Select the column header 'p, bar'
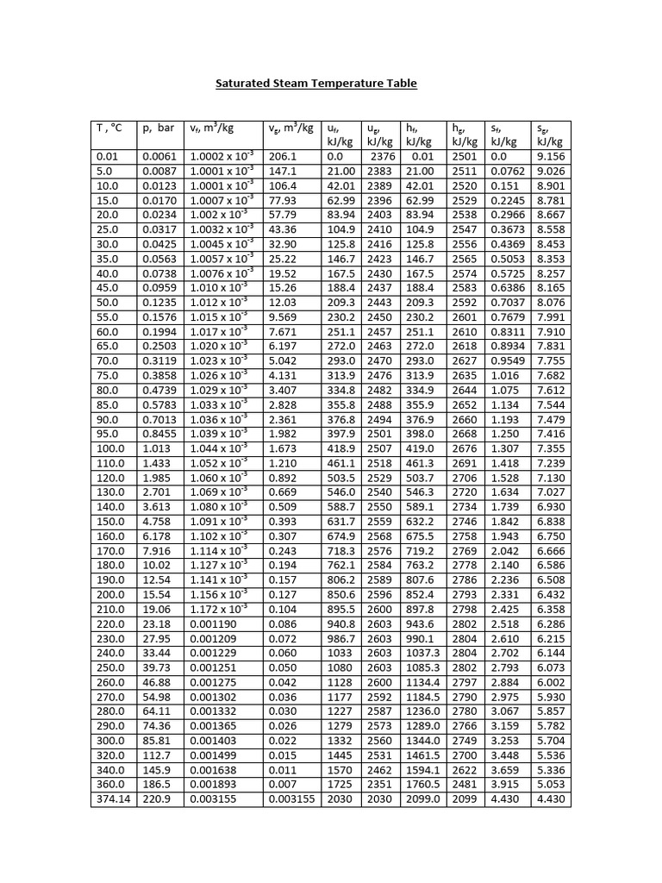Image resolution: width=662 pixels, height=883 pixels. click(x=159, y=128)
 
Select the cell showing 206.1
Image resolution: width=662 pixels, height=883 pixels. click(x=282, y=157)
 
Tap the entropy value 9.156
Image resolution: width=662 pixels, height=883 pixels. click(x=551, y=157)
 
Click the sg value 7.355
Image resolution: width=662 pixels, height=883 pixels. click(x=551, y=448)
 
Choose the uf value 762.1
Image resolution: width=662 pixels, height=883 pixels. click(x=340, y=565)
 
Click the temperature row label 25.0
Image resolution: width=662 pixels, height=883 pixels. click(x=106, y=229)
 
